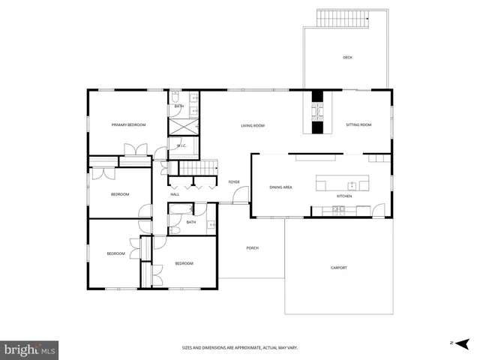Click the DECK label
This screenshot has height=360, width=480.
point(347,58)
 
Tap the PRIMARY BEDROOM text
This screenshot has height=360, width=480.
point(128,124)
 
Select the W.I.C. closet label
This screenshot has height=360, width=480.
point(181,145)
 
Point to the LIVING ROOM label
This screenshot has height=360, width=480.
point(253,125)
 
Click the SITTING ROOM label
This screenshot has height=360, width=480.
point(358,125)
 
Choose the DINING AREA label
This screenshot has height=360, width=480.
point(280,187)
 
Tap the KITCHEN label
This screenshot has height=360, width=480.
point(344,196)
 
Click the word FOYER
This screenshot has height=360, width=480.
point(234,182)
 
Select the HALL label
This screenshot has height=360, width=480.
point(175,194)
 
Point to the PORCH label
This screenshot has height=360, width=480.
point(253,247)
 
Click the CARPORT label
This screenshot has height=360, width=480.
point(339,268)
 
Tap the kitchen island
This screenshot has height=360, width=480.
point(343,184)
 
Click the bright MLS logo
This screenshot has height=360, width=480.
point(30,349)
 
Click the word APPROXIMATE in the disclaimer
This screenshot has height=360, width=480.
point(244,348)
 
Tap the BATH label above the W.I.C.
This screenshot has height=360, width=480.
point(179,106)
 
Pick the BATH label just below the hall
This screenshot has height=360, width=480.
point(191,222)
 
